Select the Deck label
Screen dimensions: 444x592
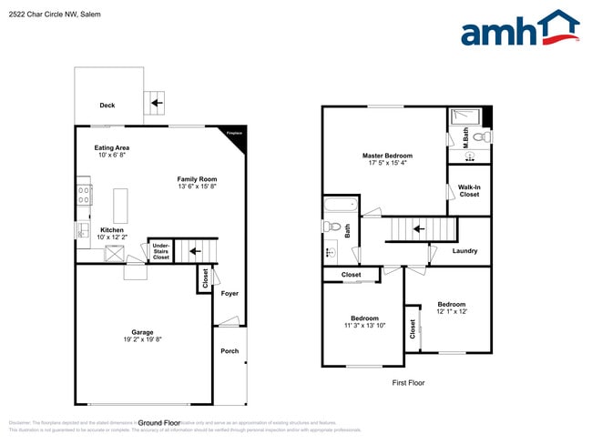coord(107,106)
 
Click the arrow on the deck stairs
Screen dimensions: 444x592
coord(156,104)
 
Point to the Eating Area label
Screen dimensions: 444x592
coord(112,146)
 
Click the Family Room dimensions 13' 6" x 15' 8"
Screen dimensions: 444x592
coord(198,187)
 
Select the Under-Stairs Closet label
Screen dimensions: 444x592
coord(160,250)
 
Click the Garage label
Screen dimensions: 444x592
coord(142,332)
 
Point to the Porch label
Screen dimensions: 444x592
coord(230,351)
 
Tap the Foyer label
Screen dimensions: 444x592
coord(230,293)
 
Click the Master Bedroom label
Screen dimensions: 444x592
coord(387,156)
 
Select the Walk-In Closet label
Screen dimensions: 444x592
coord(469,190)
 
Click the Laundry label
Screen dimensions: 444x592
coord(465,251)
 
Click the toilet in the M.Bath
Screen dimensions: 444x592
coord(483,136)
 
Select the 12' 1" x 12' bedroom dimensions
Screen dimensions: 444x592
coord(452,312)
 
